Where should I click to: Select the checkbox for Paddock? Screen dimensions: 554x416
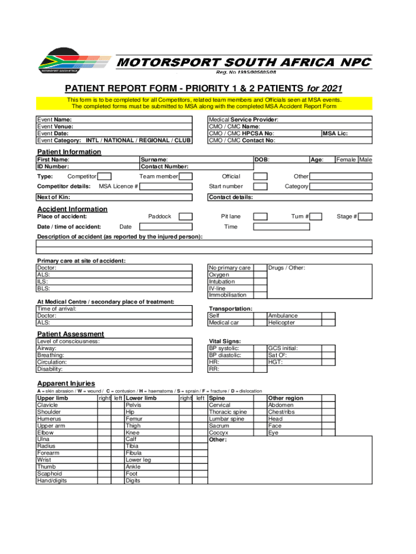185,216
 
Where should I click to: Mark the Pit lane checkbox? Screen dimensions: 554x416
260,216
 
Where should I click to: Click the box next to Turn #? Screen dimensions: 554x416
316,216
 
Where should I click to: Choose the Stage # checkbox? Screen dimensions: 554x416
365,216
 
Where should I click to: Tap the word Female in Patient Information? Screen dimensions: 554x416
346,160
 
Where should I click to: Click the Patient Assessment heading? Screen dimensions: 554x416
70,334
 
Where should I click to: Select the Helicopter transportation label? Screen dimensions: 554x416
281,322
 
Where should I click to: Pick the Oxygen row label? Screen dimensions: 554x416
219,274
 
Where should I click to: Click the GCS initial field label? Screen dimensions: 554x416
283,348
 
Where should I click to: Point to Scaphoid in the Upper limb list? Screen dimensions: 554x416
49,473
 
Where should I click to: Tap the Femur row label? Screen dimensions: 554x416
134,419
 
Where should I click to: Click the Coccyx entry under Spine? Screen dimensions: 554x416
219,433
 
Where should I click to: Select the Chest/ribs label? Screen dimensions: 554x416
281,412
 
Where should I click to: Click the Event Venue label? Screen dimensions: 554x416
55,127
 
